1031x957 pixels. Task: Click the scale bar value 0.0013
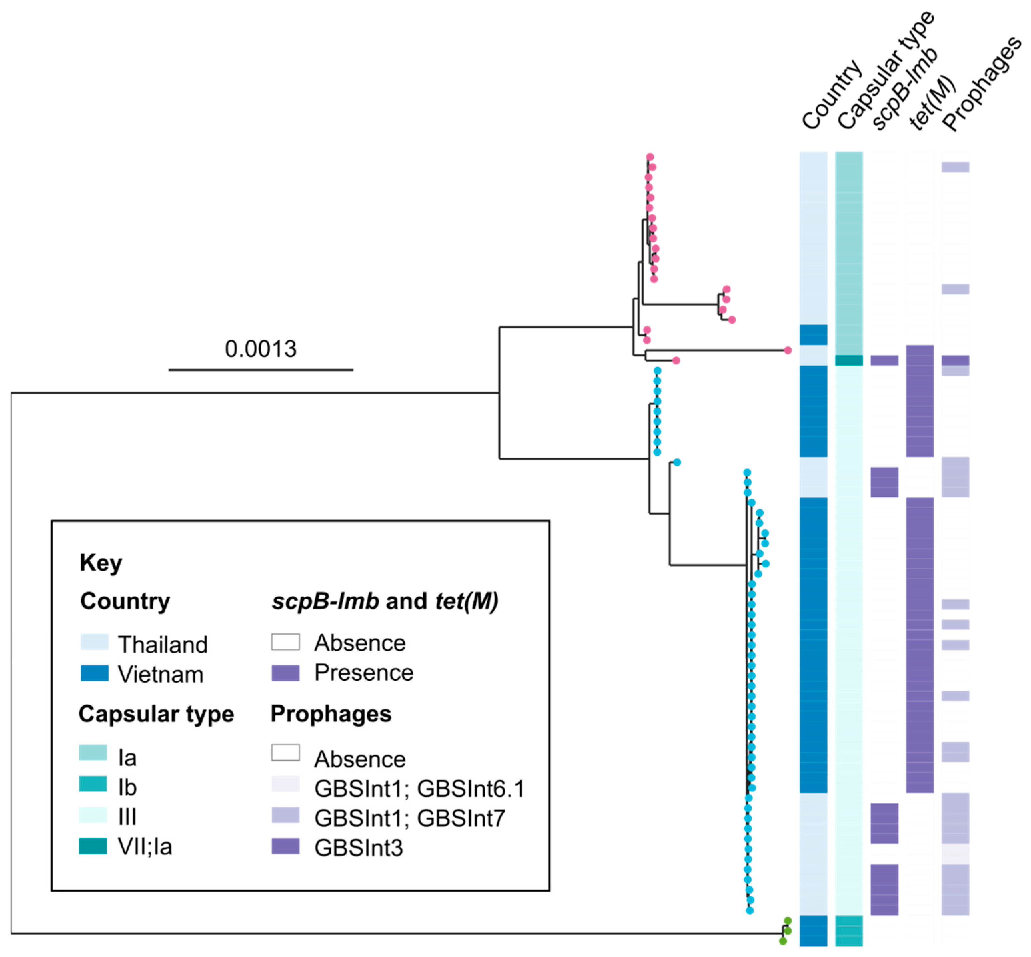pos(261,349)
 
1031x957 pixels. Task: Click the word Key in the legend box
pos(100,563)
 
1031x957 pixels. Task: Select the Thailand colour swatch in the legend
pos(94,642)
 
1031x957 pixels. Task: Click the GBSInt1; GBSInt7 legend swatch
pos(285,815)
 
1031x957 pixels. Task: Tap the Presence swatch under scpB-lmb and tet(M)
pos(285,673)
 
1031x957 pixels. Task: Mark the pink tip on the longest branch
pos(788,351)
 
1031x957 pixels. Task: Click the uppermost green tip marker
pos(788,921)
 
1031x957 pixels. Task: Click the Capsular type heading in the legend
pos(156,714)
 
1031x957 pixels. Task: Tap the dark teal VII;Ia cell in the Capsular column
pos(849,361)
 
